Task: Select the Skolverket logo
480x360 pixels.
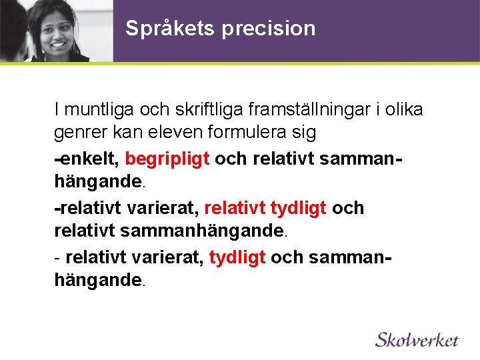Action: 417,339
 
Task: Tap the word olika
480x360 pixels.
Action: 403,109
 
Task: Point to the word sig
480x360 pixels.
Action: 303,133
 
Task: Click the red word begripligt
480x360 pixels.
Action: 167,159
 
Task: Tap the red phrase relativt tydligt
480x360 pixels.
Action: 265,208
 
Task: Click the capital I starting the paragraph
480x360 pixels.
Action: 57,109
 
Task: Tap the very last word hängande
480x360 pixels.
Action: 98,281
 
